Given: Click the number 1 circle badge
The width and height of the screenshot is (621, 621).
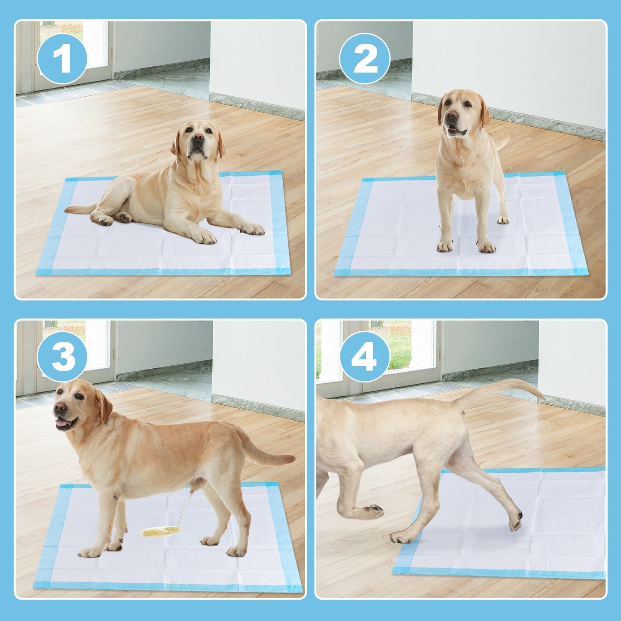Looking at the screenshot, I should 62,58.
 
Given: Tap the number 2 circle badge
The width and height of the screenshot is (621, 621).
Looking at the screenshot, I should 364,58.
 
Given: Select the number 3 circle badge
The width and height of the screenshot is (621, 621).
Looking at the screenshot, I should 62,357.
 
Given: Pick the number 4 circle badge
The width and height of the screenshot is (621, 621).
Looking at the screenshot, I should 364,357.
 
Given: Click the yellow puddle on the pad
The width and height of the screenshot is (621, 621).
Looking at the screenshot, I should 161,532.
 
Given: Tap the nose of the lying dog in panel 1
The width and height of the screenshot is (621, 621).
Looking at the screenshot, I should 198,138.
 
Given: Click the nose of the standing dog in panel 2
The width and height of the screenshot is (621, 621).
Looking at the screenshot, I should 452,115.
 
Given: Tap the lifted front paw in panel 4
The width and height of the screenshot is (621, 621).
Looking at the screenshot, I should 372,511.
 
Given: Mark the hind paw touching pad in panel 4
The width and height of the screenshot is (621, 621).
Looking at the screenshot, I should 516,520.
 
